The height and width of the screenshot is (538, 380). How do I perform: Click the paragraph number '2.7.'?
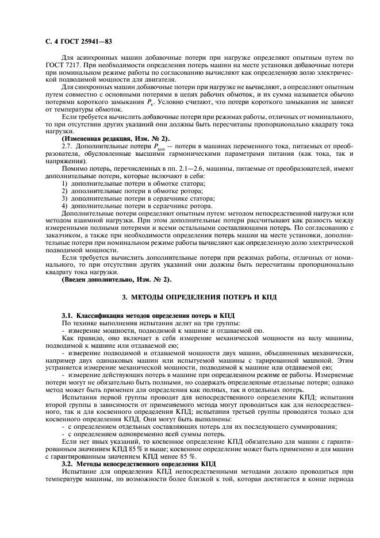point(68,147)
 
